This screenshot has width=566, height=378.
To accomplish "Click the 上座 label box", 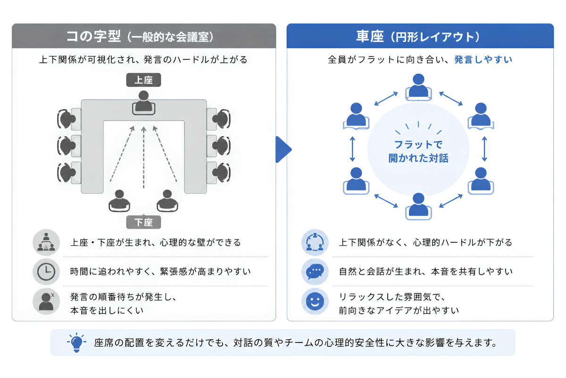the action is pos(143,80).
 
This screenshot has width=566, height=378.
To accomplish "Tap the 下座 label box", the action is pos(143,222).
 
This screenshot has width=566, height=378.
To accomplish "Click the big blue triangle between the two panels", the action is pos(283,149).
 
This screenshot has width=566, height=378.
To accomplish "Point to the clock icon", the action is pos(46,272).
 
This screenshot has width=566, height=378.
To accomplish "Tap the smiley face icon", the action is pos(315,301).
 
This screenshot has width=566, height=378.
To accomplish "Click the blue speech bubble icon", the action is pos(315,272).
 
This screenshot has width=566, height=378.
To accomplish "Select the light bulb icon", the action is pos(76,342).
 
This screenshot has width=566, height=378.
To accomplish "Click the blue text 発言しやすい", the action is pos(483,60).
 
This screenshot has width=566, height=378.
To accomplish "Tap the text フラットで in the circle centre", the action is pos(418,145).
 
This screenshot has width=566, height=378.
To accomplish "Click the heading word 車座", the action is pos(370,36).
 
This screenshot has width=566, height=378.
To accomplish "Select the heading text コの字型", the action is pos(93,36).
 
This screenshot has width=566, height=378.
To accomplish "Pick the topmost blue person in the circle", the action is pos(418,86).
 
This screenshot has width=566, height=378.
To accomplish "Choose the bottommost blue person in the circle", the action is pos(418,206).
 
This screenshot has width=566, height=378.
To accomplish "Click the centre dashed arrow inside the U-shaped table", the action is pos(144,157).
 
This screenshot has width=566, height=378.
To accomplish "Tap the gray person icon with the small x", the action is pos(46,301).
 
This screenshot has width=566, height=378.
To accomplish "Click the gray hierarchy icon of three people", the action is pos(46,242).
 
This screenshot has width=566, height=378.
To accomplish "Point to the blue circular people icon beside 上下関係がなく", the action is pos(315,242).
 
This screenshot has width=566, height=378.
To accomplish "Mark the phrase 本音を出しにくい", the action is pos(107,310).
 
